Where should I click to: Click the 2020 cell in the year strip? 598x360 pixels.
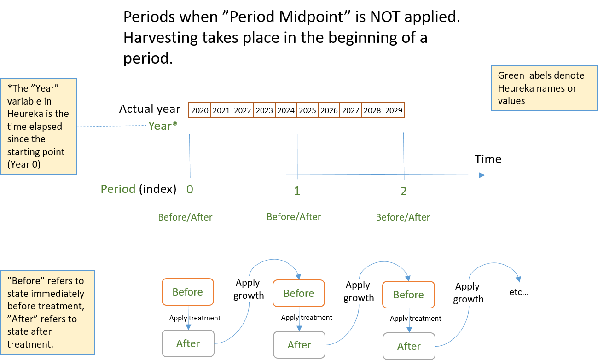click(x=199, y=110)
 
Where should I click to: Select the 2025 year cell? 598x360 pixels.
click(x=308, y=110)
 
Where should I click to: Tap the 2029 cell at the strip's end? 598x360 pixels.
click(x=394, y=110)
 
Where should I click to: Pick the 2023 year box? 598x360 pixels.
click(x=264, y=110)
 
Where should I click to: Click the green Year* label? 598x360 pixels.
click(x=163, y=126)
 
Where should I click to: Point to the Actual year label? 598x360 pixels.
click(x=150, y=109)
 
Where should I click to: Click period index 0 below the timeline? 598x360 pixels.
click(x=190, y=189)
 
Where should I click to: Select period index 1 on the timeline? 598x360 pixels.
click(x=297, y=191)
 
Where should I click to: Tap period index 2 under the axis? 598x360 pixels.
click(x=404, y=191)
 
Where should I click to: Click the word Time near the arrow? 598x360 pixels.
click(x=488, y=159)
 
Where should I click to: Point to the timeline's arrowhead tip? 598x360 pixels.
click(x=485, y=175)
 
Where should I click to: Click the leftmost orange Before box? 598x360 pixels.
click(x=188, y=291)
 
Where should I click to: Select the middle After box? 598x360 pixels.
click(x=299, y=345)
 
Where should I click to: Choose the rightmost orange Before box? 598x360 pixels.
click(x=408, y=295)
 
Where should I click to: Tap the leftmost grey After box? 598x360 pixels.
click(x=188, y=343)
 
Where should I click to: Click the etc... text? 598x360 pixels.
click(x=519, y=292)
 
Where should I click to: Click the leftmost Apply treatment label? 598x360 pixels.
click(x=195, y=318)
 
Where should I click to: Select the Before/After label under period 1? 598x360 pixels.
click(x=294, y=216)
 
